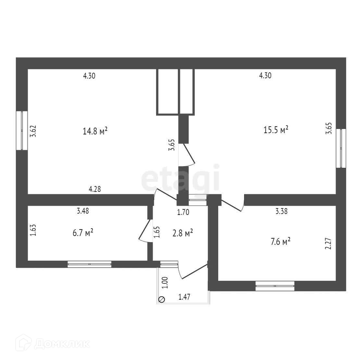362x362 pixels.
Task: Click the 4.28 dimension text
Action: tap(94, 189)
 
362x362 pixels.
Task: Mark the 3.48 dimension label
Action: tap(83, 211)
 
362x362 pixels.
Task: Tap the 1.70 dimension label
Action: tap(183, 213)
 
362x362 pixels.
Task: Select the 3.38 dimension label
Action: tap(281, 211)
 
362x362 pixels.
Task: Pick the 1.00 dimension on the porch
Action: tap(164, 283)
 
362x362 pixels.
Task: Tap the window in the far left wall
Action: tap(22, 131)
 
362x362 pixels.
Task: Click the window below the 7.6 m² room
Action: tap(275, 286)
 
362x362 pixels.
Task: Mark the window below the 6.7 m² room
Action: tap(89, 264)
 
